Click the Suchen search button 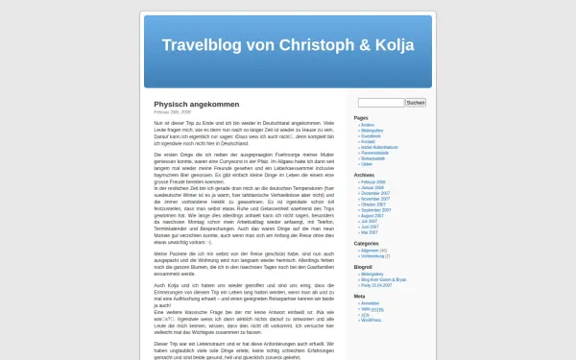coord(416,103)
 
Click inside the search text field coord(380,103)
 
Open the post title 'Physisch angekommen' coord(197,104)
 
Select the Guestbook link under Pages coord(371,135)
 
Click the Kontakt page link coord(368,141)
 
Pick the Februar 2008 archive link coord(372,181)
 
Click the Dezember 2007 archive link coord(374,193)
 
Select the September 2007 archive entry coord(375,210)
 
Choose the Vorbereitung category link coord(372,255)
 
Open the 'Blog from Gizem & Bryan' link coord(381,278)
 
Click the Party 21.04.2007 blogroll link coord(375,284)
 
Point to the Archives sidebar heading coord(365,176)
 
